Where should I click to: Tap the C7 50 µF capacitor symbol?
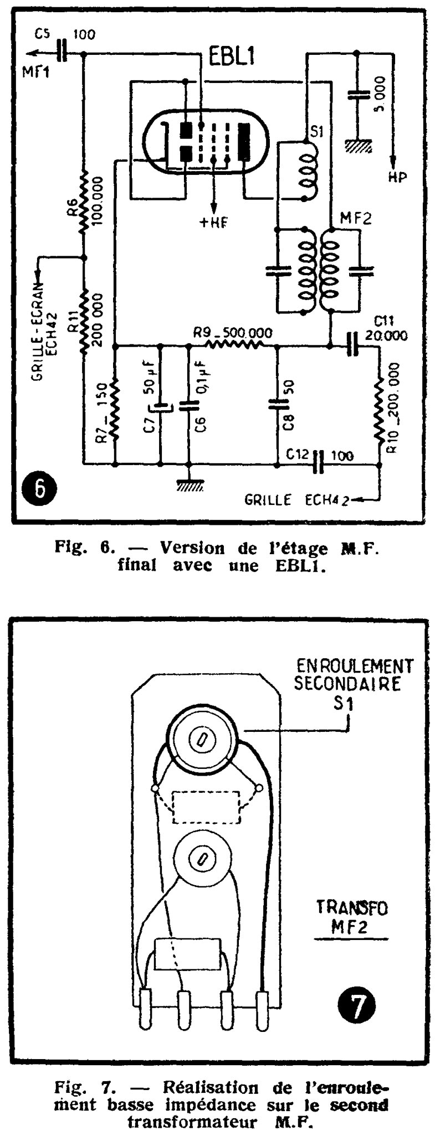click(161, 408)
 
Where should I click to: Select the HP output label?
click(397, 177)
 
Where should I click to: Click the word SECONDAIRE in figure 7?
click(347, 684)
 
